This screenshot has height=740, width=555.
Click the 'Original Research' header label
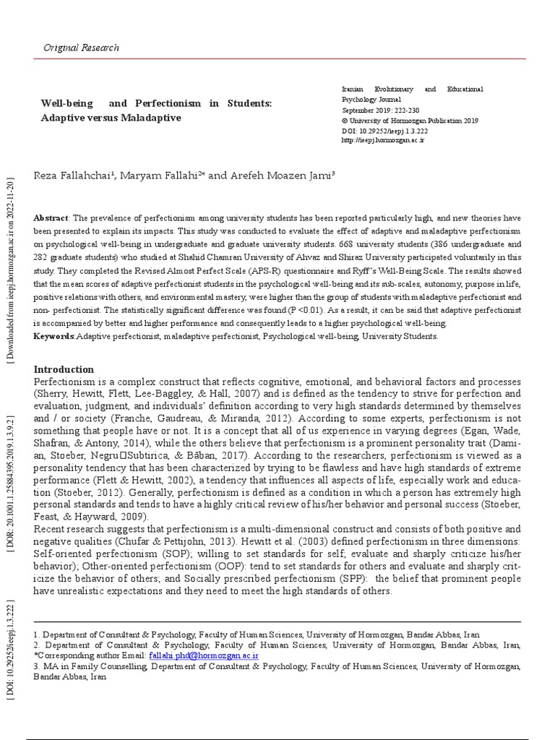click(x=82, y=48)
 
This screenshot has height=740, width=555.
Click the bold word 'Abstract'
click(x=51, y=218)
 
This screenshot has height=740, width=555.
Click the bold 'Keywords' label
click(x=54, y=336)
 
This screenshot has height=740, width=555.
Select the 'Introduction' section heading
click(x=64, y=369)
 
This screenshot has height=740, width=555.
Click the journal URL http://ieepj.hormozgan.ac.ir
click(x=382, y=140)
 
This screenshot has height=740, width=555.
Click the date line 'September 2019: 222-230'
click(x=382, y=111)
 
